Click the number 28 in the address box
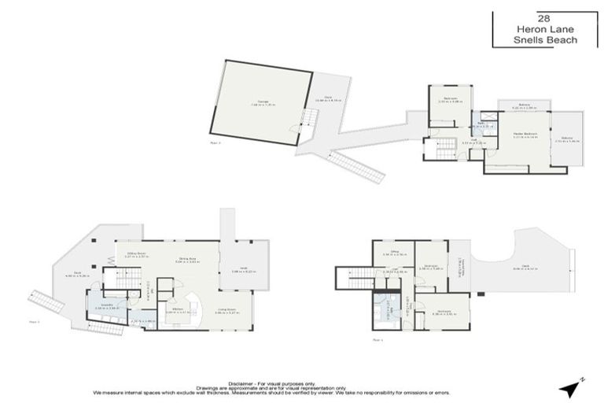pos(543,17)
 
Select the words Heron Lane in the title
pos(543,29)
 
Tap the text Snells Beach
pos(543,40)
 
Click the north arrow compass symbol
pos(570,387)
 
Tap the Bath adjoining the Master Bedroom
pos(488,127)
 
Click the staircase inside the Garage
pos(308,118)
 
